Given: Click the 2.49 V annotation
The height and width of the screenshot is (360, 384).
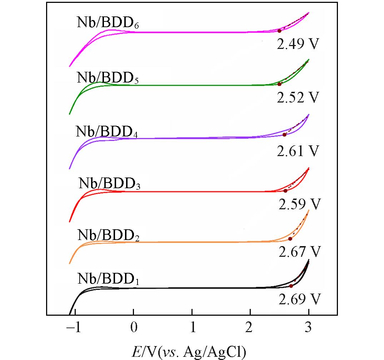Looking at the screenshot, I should (x=297, y=44).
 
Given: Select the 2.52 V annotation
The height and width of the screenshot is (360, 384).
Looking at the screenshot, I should (x=297, y=97).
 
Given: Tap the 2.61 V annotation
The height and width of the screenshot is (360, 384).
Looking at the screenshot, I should (x=297, y=151).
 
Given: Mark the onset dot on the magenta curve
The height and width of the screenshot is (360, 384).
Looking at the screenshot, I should (x=279, y=31).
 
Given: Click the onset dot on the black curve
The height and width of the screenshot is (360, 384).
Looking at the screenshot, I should (x=291, y=286).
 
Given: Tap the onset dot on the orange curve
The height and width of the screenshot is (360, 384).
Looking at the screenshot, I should (x=290, y=239).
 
